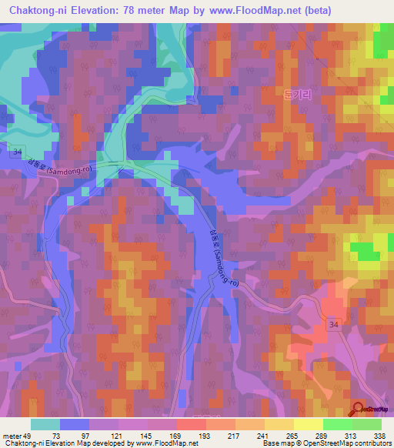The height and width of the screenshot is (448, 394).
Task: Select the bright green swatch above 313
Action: point(337,423)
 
